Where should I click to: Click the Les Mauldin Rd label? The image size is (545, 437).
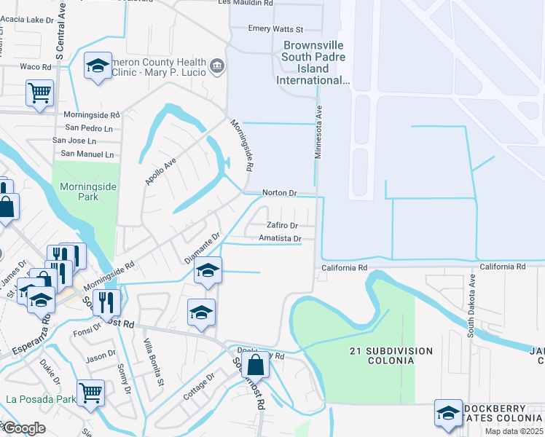coord(246,4)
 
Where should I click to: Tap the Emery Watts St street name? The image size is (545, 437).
coord(275,29)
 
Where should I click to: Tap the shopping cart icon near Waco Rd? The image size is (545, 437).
coord(39,92)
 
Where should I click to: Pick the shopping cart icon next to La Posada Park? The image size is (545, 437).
coord(90,393)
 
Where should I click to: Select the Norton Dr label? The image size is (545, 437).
coord(279,194)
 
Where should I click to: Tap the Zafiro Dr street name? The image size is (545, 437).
coord(282,226)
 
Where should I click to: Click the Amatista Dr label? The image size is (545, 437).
coord(280,239)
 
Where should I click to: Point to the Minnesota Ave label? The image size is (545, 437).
coord(318,128)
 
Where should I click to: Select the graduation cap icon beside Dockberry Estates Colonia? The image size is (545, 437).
coord(447,412)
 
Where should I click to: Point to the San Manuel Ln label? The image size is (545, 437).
coord(87,154)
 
